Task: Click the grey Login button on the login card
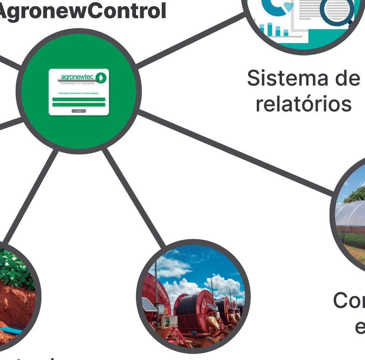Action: (x=79, y=111)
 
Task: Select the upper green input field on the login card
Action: (x=79, y=99)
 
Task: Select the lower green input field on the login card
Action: (x=79, y=104)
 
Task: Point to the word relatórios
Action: (x=303, y=104)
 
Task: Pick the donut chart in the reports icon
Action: (x=274, y=7)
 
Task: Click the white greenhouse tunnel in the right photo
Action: (x=351, y=217)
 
